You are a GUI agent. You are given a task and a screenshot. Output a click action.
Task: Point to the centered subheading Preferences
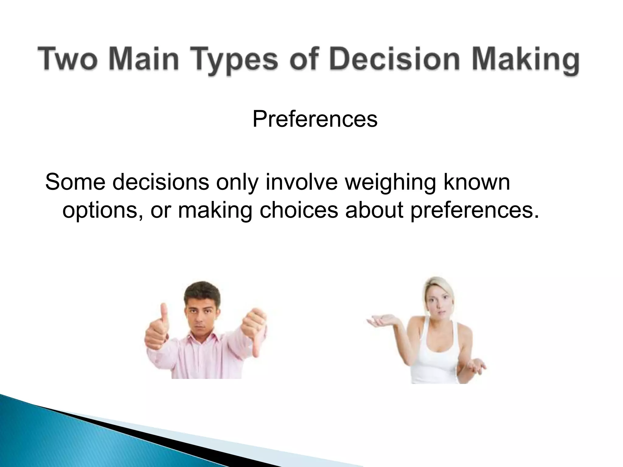point(315,119)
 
